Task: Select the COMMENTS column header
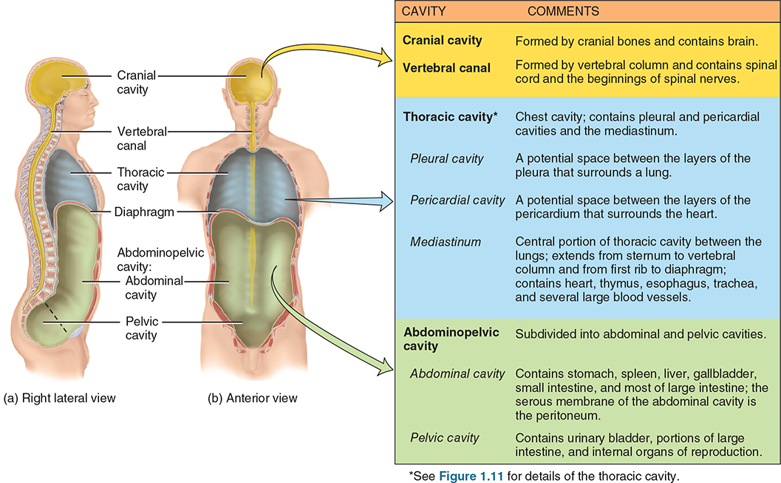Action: (x=563, y=12)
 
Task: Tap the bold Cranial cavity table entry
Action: (x=442, y=41)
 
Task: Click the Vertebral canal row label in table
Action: (x=446, y=68)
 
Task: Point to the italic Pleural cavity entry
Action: (x=447, y=158)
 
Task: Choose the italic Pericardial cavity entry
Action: (x=457, y=200)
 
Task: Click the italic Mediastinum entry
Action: (x=446, y=241)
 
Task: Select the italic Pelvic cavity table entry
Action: (x=444, y=437)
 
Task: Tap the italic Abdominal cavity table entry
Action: (x=457, y=374)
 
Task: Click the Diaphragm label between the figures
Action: (x=145, y=212)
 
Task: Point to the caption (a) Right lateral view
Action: (x=60, y=398)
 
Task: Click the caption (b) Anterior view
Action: (x=252, y=398)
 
